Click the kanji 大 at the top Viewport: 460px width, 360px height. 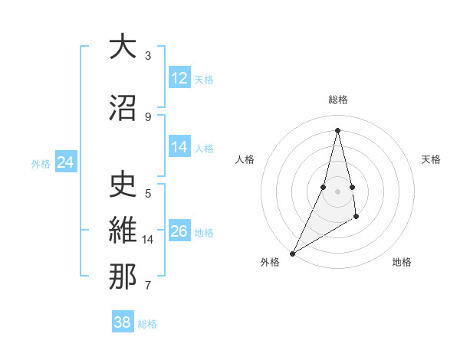click(123, 47)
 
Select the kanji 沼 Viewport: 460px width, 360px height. click(123, 109)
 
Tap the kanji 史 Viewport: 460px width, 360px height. click(123, 185)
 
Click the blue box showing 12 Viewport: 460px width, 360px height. click(179, 78)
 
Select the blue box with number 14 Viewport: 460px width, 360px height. click(179, 147)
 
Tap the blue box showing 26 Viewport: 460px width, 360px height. click(179, 231)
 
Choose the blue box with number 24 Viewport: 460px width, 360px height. click(66, 162)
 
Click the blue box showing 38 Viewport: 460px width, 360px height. click(123, 322)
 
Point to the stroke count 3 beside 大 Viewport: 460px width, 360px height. click(148, 55)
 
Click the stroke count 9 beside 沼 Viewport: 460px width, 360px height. click(148, 116)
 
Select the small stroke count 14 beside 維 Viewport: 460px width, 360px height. click(148, 240)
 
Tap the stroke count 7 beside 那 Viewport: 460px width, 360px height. click(148, 286)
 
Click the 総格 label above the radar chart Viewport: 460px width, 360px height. click(337, 100)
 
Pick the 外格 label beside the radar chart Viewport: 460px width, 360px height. click(270, 262)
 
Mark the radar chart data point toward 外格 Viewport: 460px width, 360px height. click(292, 253)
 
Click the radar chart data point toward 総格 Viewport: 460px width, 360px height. click(337, 130)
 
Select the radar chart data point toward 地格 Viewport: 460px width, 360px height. click(356, 218)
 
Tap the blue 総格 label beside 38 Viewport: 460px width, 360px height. click(147, 324)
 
